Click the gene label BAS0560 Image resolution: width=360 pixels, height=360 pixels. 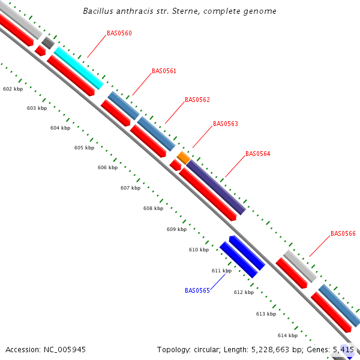click(119, 34)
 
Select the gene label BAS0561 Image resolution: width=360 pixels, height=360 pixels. click(164, 71)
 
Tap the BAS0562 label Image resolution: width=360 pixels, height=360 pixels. click(197, 100)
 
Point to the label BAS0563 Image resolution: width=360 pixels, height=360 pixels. click(225, 124)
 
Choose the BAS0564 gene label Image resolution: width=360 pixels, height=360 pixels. click(257, 154)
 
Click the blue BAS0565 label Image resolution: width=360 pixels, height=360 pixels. click(197, 290)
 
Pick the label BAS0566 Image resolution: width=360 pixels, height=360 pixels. click(343, 233)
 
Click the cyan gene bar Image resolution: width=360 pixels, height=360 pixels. click(79, 68)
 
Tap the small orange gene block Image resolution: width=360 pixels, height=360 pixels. click(184, 157)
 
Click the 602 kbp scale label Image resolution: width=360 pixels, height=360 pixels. click(13, 89)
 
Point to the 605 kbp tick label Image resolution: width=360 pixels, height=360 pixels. click(84, 148)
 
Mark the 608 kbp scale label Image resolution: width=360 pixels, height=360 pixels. click(153, 209)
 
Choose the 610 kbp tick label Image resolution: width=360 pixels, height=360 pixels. click(199, 250)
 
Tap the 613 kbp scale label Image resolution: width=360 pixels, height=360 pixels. click(266, 314)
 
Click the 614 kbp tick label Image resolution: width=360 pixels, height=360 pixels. click(287, 335)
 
